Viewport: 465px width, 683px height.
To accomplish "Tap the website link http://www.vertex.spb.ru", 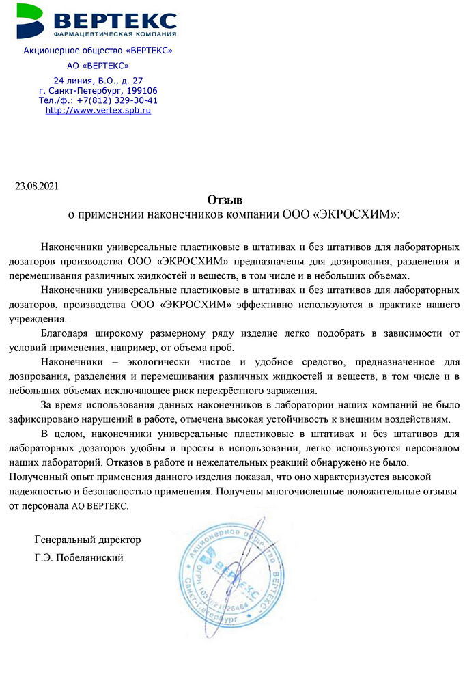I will (x=98, y=110).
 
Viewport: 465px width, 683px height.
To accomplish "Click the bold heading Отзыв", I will (x=225, y=200).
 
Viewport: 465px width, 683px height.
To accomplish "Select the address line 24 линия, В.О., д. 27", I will (x=98, y=81).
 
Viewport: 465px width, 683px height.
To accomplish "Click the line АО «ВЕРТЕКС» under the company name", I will (x=98, y=66).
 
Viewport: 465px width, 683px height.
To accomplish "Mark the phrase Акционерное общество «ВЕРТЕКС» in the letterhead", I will (x=98, y=51).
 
